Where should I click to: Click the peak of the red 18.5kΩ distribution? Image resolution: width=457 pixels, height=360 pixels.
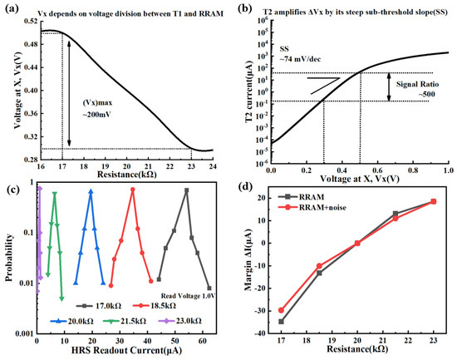(132, 190)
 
